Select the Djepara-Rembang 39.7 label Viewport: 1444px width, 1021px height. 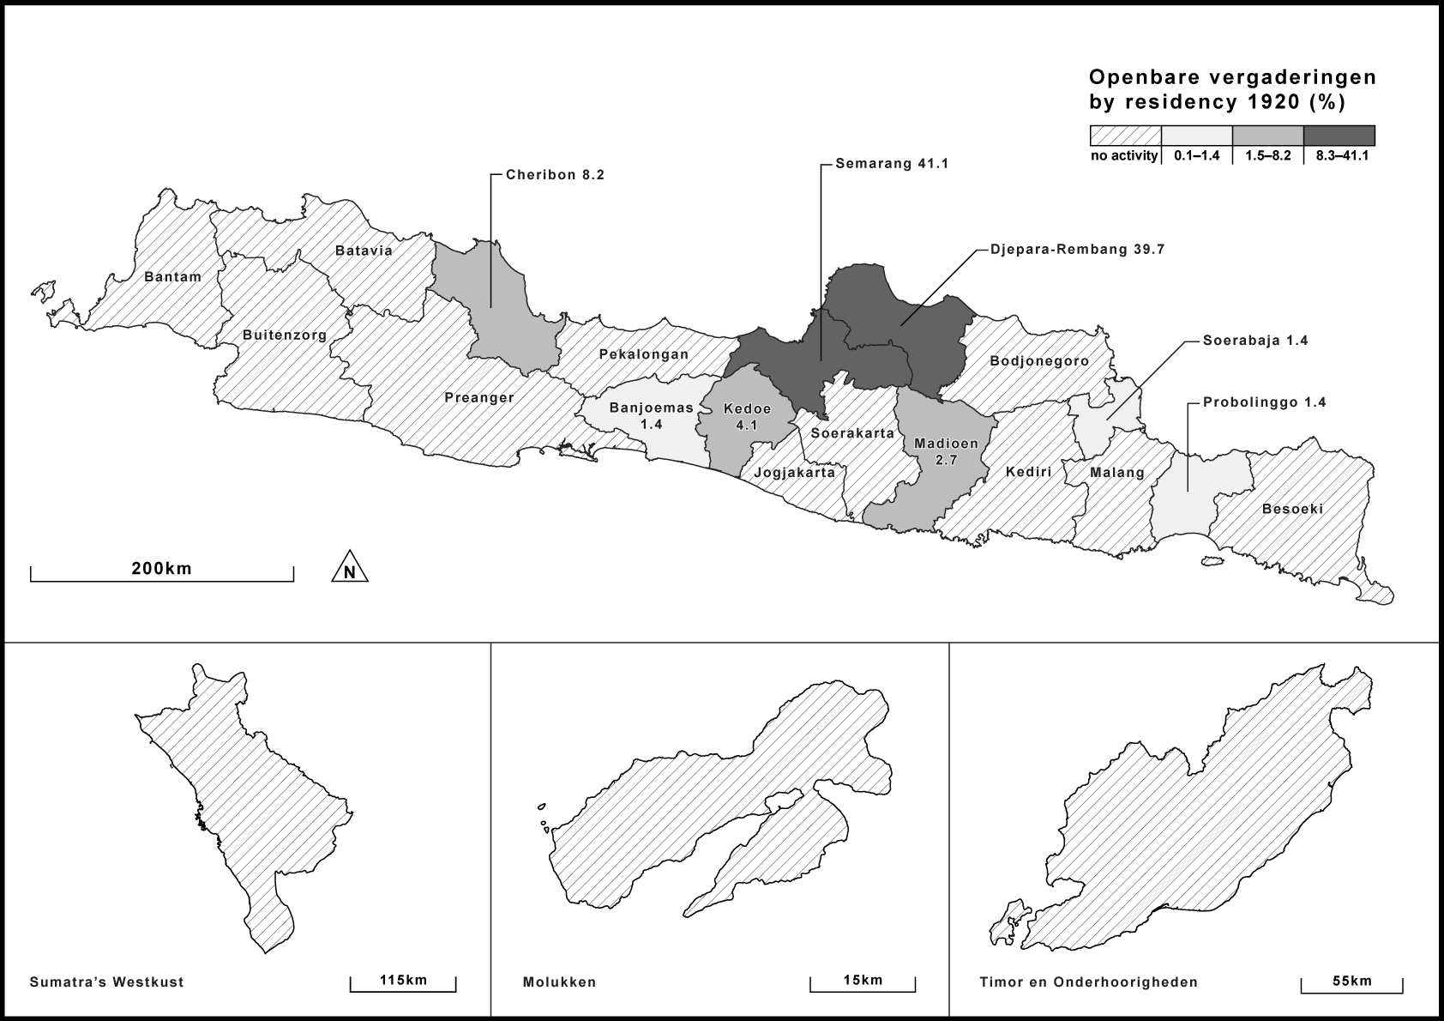(1077, 250)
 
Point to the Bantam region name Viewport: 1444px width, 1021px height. (172, 276)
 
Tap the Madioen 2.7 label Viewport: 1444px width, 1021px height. (946, 451)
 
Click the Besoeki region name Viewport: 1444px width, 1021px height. (1292, 509)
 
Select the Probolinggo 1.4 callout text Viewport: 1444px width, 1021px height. (1264, 402)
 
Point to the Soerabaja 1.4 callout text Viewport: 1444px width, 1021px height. (1255, 341)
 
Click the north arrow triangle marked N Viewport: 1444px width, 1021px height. (350, 568)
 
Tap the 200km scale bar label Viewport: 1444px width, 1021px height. (161, 568)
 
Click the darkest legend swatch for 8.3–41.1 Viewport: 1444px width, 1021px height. (1339, 136)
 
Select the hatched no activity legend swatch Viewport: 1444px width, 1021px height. (1125, 136)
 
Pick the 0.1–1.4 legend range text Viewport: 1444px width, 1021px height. (1196, 156)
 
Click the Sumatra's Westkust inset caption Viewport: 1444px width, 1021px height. (106, 982)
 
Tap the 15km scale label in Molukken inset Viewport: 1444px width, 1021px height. (862, 980)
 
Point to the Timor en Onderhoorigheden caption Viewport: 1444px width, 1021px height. (1088, 982)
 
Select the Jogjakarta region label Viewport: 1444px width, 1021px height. (794, 472)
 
